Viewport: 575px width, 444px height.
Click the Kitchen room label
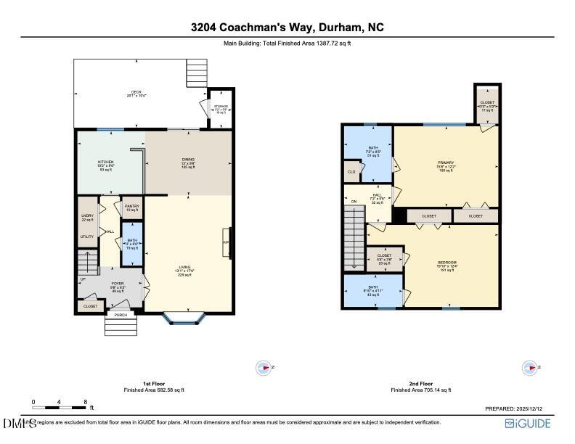point(106,163)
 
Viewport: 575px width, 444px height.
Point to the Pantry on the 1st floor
point(131,207)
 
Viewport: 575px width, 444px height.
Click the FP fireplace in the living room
point(226,241)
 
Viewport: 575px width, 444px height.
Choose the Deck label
point(136,92)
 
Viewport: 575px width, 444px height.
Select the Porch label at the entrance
point(120,315)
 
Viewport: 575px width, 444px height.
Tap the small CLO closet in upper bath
point(351,172)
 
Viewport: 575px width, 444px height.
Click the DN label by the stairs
point(354,202)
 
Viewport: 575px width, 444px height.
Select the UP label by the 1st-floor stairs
point(82,278)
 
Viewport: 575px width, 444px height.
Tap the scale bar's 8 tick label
point(86,400)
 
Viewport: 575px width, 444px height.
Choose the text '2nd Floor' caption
point(421,383)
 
